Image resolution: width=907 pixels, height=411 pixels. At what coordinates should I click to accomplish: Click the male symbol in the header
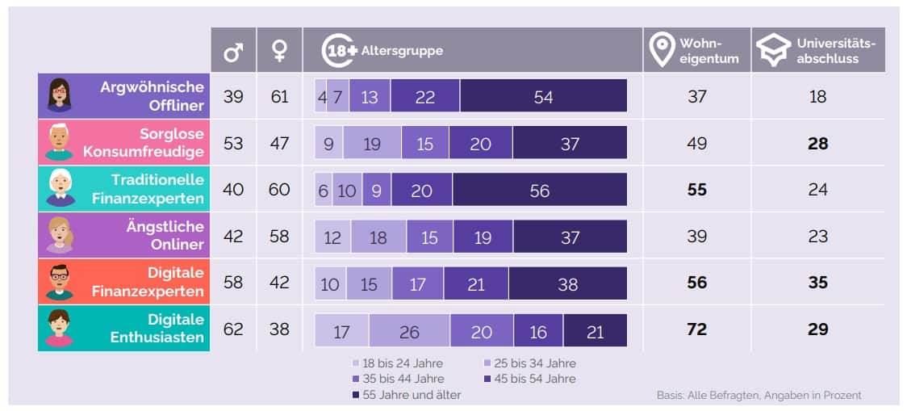[x=233, y=52]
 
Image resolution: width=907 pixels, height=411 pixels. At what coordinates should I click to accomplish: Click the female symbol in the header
[x=279, y=52]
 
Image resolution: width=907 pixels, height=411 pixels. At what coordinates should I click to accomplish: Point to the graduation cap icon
[x=773, y=51]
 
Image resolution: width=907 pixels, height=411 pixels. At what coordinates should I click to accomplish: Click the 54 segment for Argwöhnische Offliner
[x=543, y=97]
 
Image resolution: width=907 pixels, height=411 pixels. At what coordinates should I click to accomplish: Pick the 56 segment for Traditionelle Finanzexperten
[x=539, y=191]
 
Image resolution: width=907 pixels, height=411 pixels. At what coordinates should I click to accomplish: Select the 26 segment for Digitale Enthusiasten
[x=409, y=331]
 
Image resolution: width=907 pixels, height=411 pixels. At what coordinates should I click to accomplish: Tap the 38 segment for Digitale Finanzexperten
[x=567, y=284]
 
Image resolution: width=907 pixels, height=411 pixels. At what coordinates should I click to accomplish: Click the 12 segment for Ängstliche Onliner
[x=332, y=237]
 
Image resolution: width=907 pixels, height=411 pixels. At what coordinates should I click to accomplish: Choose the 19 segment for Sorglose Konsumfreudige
[x=372, y=144]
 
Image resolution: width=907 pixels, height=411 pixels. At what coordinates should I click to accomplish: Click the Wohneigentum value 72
[x=696, y=329]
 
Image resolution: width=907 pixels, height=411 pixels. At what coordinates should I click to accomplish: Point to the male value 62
[x=233, y=329]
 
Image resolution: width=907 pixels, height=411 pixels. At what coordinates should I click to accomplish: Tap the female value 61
[x=279, y=97]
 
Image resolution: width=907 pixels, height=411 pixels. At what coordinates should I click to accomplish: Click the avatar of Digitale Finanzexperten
[x=59, y=283]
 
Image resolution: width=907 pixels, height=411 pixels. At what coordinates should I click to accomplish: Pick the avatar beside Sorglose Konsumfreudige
[x=59, y=143]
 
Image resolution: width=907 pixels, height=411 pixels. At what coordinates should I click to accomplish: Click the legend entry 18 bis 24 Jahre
[x=399, y=363]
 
